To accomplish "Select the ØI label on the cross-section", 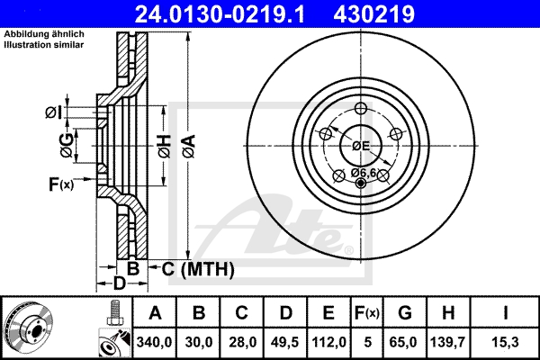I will tap(53, 112).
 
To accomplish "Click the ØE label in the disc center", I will tap(361, 144).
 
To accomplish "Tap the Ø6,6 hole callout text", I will tap(363, 172).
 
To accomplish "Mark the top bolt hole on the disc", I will tap(361, 109).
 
